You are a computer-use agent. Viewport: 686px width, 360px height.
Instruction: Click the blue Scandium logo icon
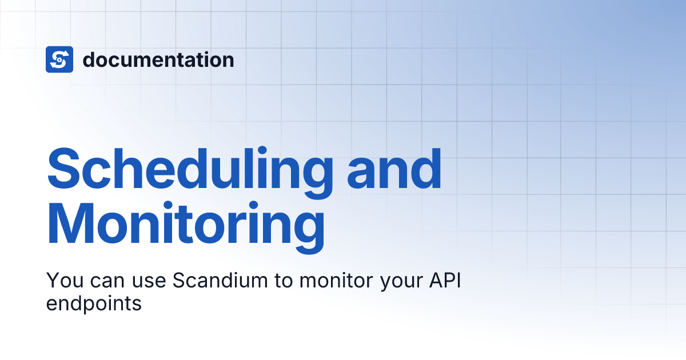(x=59, y=59)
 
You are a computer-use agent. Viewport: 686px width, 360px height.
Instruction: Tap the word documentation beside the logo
(x=158, y=59)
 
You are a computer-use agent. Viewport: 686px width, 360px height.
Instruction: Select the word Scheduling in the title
(x=189, y=169)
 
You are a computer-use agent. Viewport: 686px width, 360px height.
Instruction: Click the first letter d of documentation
(x=89, y=59)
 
